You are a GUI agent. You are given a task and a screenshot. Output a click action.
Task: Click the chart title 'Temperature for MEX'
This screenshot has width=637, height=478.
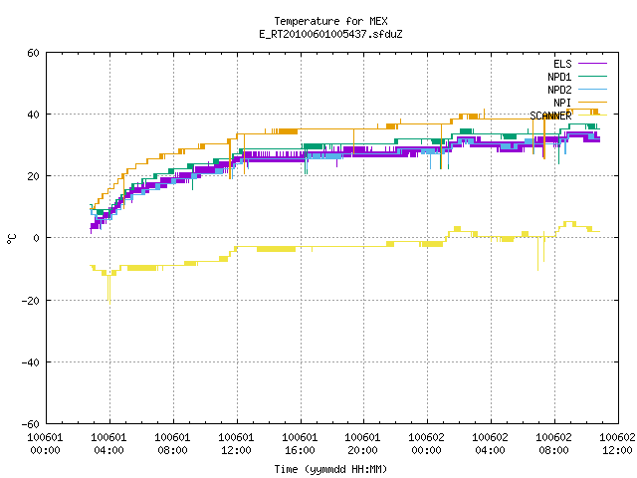(330, 21)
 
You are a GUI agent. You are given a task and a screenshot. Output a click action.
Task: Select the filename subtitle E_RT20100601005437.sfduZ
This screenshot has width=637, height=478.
(330, 34)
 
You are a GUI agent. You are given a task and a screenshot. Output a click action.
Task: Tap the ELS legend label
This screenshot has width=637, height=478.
(562, 64)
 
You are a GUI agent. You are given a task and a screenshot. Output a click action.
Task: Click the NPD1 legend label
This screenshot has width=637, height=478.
(559, 77)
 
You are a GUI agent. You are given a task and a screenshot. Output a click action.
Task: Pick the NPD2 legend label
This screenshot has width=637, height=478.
(559, 90)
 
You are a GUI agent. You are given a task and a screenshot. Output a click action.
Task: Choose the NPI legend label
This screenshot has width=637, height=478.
(562, 103)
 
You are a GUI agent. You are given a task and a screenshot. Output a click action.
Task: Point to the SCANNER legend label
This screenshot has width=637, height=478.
(550, 116)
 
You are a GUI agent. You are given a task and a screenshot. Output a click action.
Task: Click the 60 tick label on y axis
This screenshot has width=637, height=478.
(33, 53)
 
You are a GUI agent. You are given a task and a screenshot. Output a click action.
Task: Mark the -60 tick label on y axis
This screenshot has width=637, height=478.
(31, 424)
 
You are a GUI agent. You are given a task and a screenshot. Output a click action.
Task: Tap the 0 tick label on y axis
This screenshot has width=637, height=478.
(37, 238)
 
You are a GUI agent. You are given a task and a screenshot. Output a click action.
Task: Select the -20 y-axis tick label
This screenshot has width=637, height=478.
(31, 301)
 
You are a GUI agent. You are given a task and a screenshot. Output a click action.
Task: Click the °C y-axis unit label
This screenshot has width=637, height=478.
(11, 239)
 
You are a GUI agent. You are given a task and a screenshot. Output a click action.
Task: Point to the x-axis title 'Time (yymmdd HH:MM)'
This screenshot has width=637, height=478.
(330, 469)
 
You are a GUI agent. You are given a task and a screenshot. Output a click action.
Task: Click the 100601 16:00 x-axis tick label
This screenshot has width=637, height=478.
(300, 444)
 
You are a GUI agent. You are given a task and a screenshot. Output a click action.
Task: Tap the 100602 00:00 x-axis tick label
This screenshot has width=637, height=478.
(426, 444)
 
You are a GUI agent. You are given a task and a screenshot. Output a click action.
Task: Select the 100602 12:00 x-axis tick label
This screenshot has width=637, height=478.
(617, 444)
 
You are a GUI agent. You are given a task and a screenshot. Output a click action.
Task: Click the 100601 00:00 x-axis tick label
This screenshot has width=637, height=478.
(45, 444)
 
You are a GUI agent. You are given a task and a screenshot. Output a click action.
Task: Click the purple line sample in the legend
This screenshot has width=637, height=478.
(592, 64)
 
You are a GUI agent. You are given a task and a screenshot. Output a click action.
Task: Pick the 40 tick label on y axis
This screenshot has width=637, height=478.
(33, 115)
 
